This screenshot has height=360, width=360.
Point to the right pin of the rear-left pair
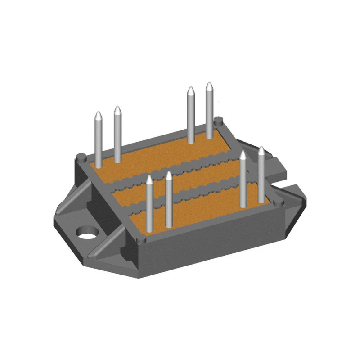pyautogui.click(x=117, y=135)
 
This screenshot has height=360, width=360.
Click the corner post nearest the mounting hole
pyautogui.click(x=81, y=157)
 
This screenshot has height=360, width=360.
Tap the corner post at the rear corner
pyautogui.click(x=219, y=121)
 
